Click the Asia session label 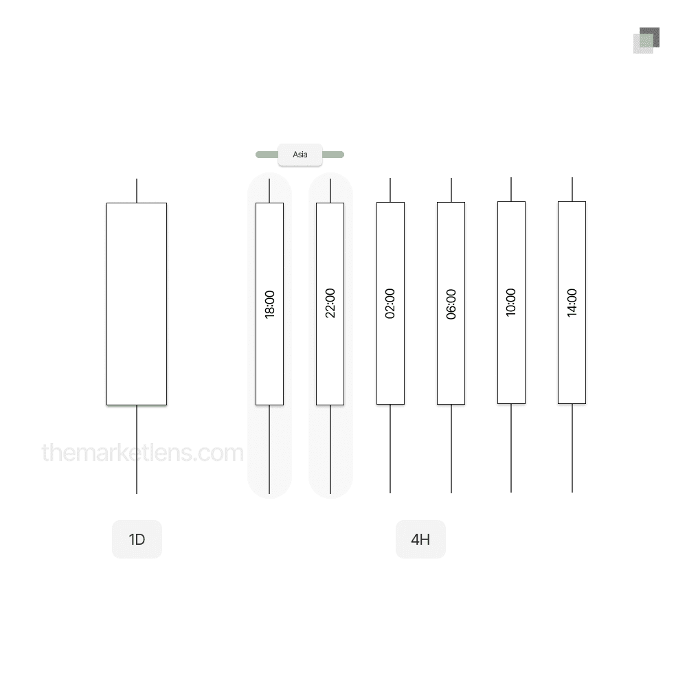click(x=300, y=155)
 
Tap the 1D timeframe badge click(x=137, y=539)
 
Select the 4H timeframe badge click(x=420, y=539)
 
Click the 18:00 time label click(x=270, y=304)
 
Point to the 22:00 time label click(x=330, y=303)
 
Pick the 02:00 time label click(x=390, y=304)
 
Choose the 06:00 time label click(x=451, y=304)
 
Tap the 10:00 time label click(x=511, y=302)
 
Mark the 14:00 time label click(x=572, y=303)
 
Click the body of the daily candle click(x=137, y=304)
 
